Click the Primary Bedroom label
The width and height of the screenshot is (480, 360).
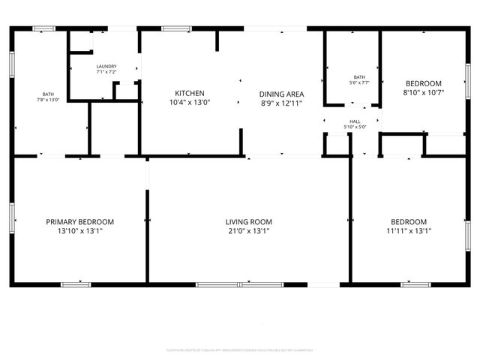[79, 222]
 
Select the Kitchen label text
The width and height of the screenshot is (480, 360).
[190, 94]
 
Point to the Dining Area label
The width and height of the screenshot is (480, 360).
[280, 94]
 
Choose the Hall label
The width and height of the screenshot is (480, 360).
[355, 121]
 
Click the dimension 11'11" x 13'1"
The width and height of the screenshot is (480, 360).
[408, 232]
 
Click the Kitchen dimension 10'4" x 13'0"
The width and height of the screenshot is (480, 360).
[190, 103]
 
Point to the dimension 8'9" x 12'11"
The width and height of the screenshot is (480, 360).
[280, 103]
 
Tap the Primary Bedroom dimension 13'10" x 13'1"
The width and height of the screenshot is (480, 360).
[79, 232]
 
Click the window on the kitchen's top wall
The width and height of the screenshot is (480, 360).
[175, 28]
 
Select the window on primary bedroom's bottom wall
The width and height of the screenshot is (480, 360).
[76, 284]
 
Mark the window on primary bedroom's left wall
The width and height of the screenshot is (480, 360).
[12, 215]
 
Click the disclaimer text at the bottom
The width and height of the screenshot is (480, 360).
[239, 350]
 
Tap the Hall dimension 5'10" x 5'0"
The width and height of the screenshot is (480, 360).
[355, 127]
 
